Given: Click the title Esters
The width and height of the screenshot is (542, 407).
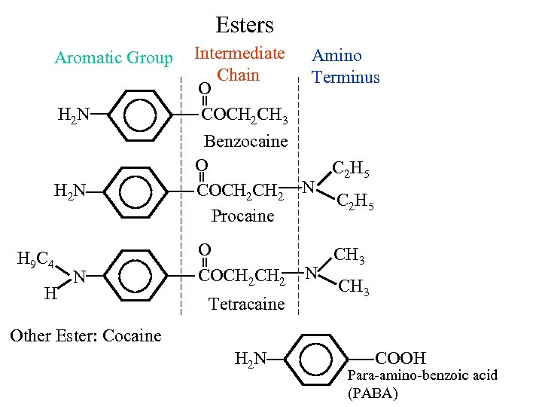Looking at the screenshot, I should (245, 25).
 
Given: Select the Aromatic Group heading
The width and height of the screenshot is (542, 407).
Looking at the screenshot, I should (113, 58).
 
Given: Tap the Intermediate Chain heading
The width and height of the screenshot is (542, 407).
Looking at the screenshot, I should (239, 64).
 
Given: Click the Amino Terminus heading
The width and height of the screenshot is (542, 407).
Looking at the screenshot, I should (346, 66).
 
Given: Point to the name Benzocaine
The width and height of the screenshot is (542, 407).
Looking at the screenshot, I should (246, 142).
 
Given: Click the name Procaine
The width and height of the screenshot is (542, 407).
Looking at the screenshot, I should (242, 216).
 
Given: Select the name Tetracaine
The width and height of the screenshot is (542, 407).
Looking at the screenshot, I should (246, 304).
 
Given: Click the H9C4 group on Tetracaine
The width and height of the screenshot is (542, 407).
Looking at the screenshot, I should (35, 262).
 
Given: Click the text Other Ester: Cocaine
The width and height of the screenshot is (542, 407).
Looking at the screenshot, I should (85, 335).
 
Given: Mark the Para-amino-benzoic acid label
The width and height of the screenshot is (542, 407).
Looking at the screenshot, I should (422, 375).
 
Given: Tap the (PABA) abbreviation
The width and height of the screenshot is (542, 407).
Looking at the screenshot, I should (372, 393).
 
